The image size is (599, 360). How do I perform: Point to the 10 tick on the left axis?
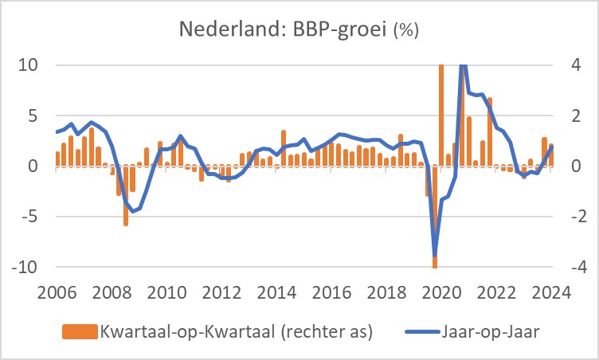(29, 65)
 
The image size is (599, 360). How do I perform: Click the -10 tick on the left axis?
(25, 268)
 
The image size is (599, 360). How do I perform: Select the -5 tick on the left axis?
(29, 217)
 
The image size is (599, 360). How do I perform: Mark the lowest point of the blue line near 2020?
(435, 256)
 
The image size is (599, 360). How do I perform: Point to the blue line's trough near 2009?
(133, 211)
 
